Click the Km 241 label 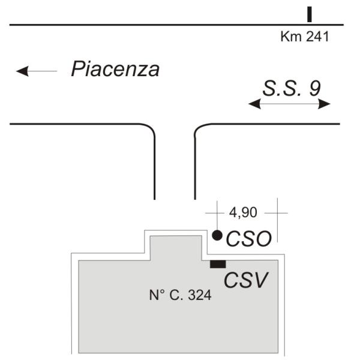[305, 37]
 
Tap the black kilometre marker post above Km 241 [310, 14]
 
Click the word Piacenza [115, 69]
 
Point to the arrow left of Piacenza [36, 71]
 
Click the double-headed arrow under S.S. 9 [290, 104]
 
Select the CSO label [248, 239]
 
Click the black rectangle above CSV [217, 263]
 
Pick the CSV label [245, 280]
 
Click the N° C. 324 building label [180, 295]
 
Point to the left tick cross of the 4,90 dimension [215, 212]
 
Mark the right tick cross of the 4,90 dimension [277, 212]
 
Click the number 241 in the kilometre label [317, 37]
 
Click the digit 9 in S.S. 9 [314, 88]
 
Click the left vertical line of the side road [155, 168]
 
